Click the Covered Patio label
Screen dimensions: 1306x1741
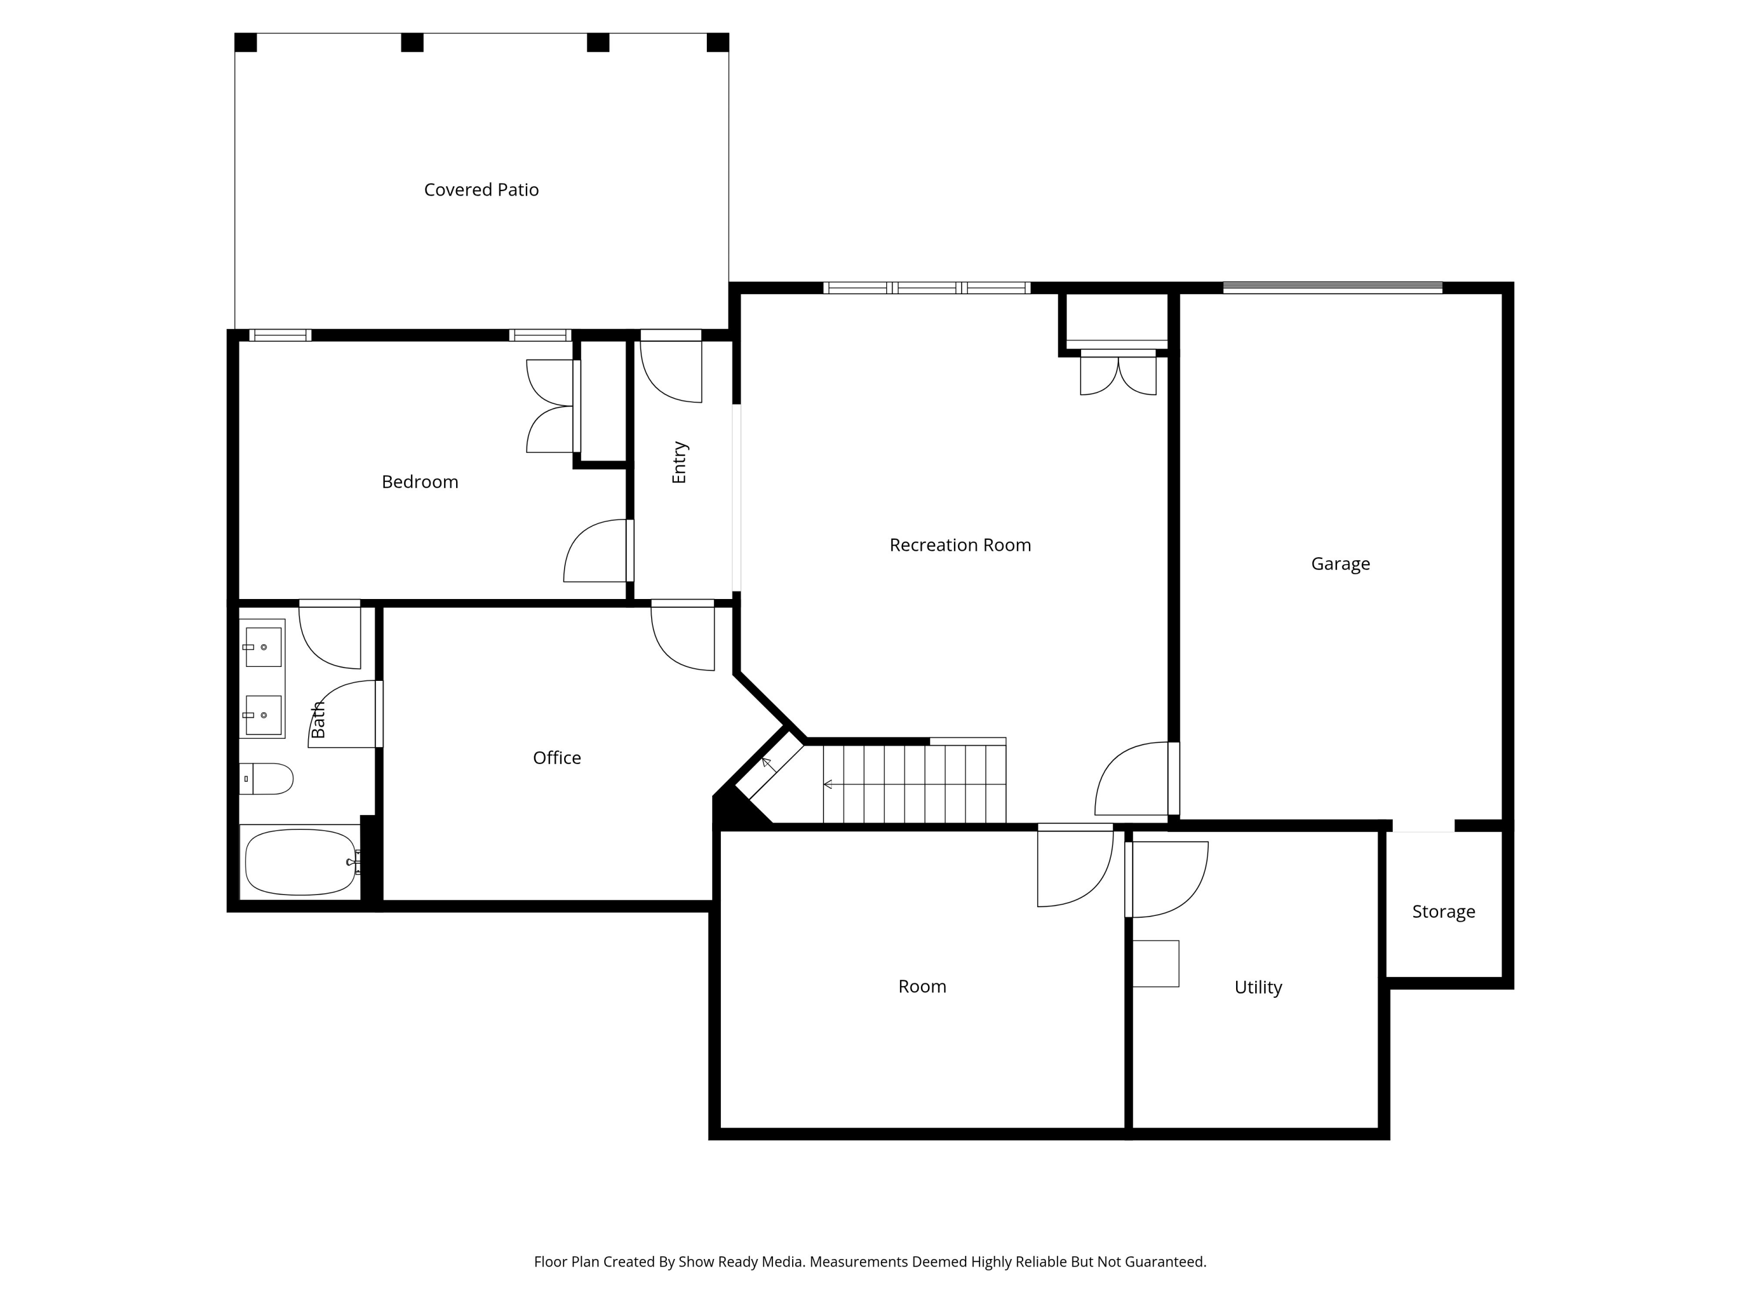[481, 190]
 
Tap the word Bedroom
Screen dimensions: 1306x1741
[420, 482]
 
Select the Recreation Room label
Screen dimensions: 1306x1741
[959, 545]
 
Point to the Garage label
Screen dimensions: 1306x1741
[1339, 564]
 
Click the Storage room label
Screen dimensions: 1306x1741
[1443, 912]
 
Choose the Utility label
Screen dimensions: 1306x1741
[1258, 987]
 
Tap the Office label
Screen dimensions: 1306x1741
[557, 757]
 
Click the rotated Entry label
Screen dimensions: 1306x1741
[679, 462]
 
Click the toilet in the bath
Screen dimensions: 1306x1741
[268, 778]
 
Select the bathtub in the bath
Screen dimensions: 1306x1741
[300, 862]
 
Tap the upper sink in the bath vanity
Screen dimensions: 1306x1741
[263, 647]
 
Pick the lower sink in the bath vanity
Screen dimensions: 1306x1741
[263, 715]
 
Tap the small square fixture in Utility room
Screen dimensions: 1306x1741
[1155, 964]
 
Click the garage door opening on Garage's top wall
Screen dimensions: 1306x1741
[1332, 288]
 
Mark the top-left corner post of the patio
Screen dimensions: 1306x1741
[245, 42]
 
